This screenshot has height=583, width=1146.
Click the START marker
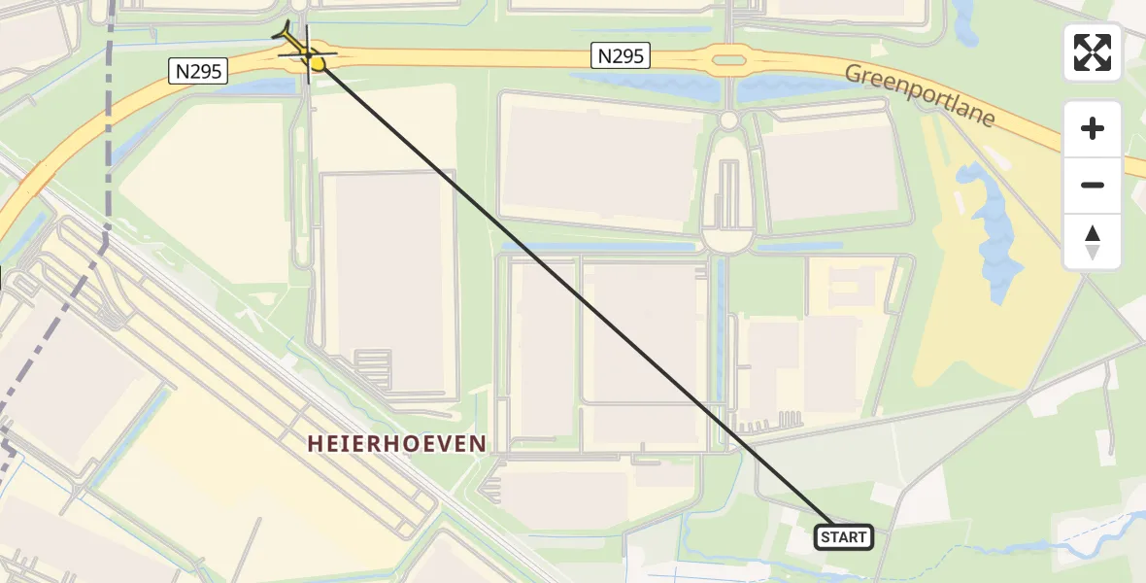pos(843,537)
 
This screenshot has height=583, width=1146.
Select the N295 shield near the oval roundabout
pos(620,56)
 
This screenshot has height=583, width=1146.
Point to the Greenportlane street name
pos(919,95)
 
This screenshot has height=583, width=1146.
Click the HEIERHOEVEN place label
pos(396,444)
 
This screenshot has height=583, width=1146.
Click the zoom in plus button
pos(1093,128)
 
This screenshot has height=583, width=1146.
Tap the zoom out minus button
pos(1093,185)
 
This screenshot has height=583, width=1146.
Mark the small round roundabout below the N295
pos(728,120)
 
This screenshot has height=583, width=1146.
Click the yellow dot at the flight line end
pos(318,64)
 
